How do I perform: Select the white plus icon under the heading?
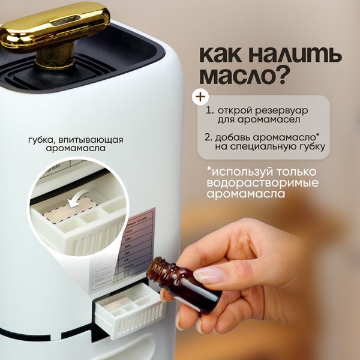[x=197, y=96]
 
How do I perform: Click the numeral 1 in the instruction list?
[x=209, y=112]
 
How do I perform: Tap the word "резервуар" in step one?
[x=285, y=112]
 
